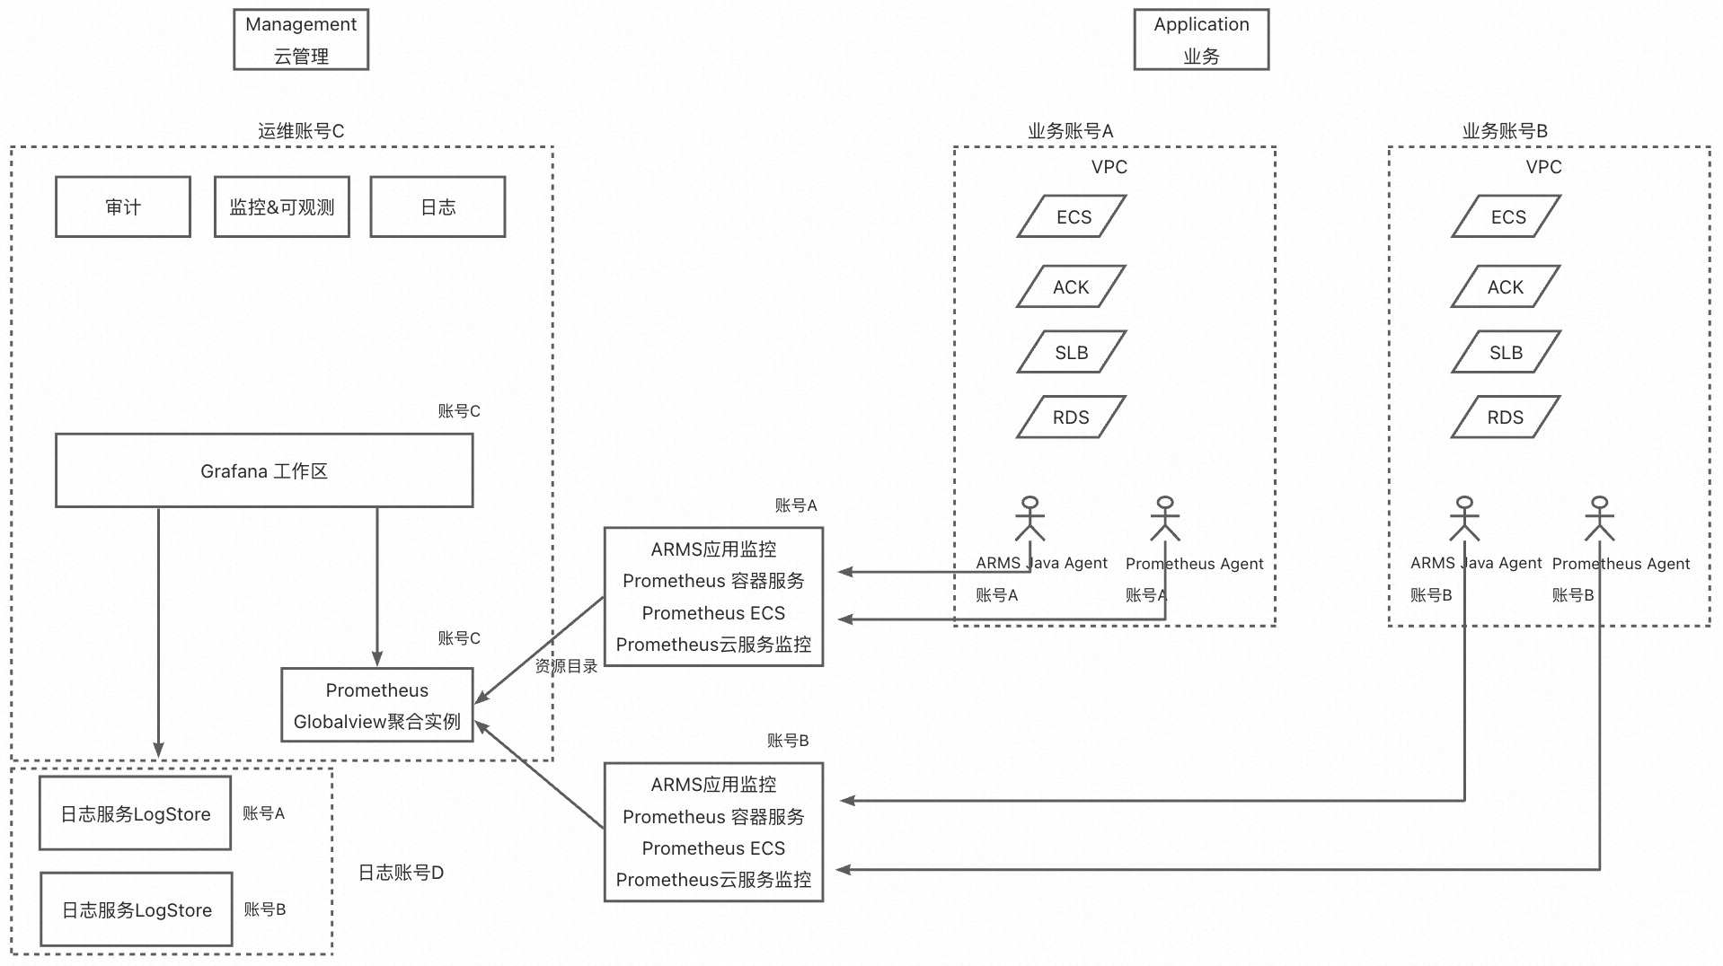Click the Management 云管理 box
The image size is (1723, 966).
pyautogui.click(x=301, y=40)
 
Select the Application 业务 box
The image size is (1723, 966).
pyautogui.click(x=1201, y=40)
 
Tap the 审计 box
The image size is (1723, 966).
pyautogui.click(x=123, y=207)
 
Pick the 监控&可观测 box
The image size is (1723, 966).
pyautogui.click(x=282, y=207)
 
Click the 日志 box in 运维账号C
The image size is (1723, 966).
pyautogui.click(x=437, y=207)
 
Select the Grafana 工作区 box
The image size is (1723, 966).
pyautogui.click(x=264, y=471)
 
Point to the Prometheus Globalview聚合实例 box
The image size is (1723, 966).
pyautogui.click(x=377, y=706)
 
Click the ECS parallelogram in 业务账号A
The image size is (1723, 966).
pyautogui.click(x=1073, y=217)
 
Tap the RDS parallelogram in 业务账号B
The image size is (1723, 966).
pyautogui.click(x=1506, y=417)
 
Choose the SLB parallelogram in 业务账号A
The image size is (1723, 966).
pyautogui.click(x=1072, y=353)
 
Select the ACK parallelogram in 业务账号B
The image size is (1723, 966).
pyautogui.click(x=1506, y=287)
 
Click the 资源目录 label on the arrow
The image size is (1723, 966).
pyautogui.click(x=566, y=666)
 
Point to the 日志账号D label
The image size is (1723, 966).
pyautogui.click(x=401, y=873)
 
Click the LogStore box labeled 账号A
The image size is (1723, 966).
pyautogui.click(x=136, y=814)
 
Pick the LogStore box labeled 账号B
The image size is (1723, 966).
pyautogui.click(x=137, y=910)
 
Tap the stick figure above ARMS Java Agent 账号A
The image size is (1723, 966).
pyautogui.click(x=1030, y=519)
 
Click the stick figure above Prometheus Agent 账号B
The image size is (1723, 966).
pyautogui.click(x=1599, y=519)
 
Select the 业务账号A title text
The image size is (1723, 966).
pyautogui.click(x=1070, y=131)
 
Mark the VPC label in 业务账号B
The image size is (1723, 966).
pyautogui.click(x=1543, y=167)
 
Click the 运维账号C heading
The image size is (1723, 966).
pyautogui.click(x=301, y=131)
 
